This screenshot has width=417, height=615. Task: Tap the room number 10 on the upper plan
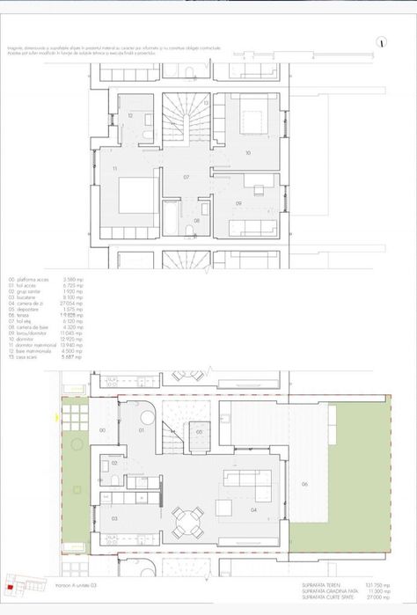pos(248,152)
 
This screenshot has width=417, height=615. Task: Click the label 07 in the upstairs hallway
pos(187,177)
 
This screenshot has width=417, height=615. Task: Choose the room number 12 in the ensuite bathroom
pos(129,115)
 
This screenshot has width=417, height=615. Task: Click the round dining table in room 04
pos(185,524)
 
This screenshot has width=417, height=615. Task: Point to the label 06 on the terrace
pos(304,484)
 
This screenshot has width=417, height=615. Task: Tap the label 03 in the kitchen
pos(115,519)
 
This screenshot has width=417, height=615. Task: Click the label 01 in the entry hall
pos(143,432)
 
